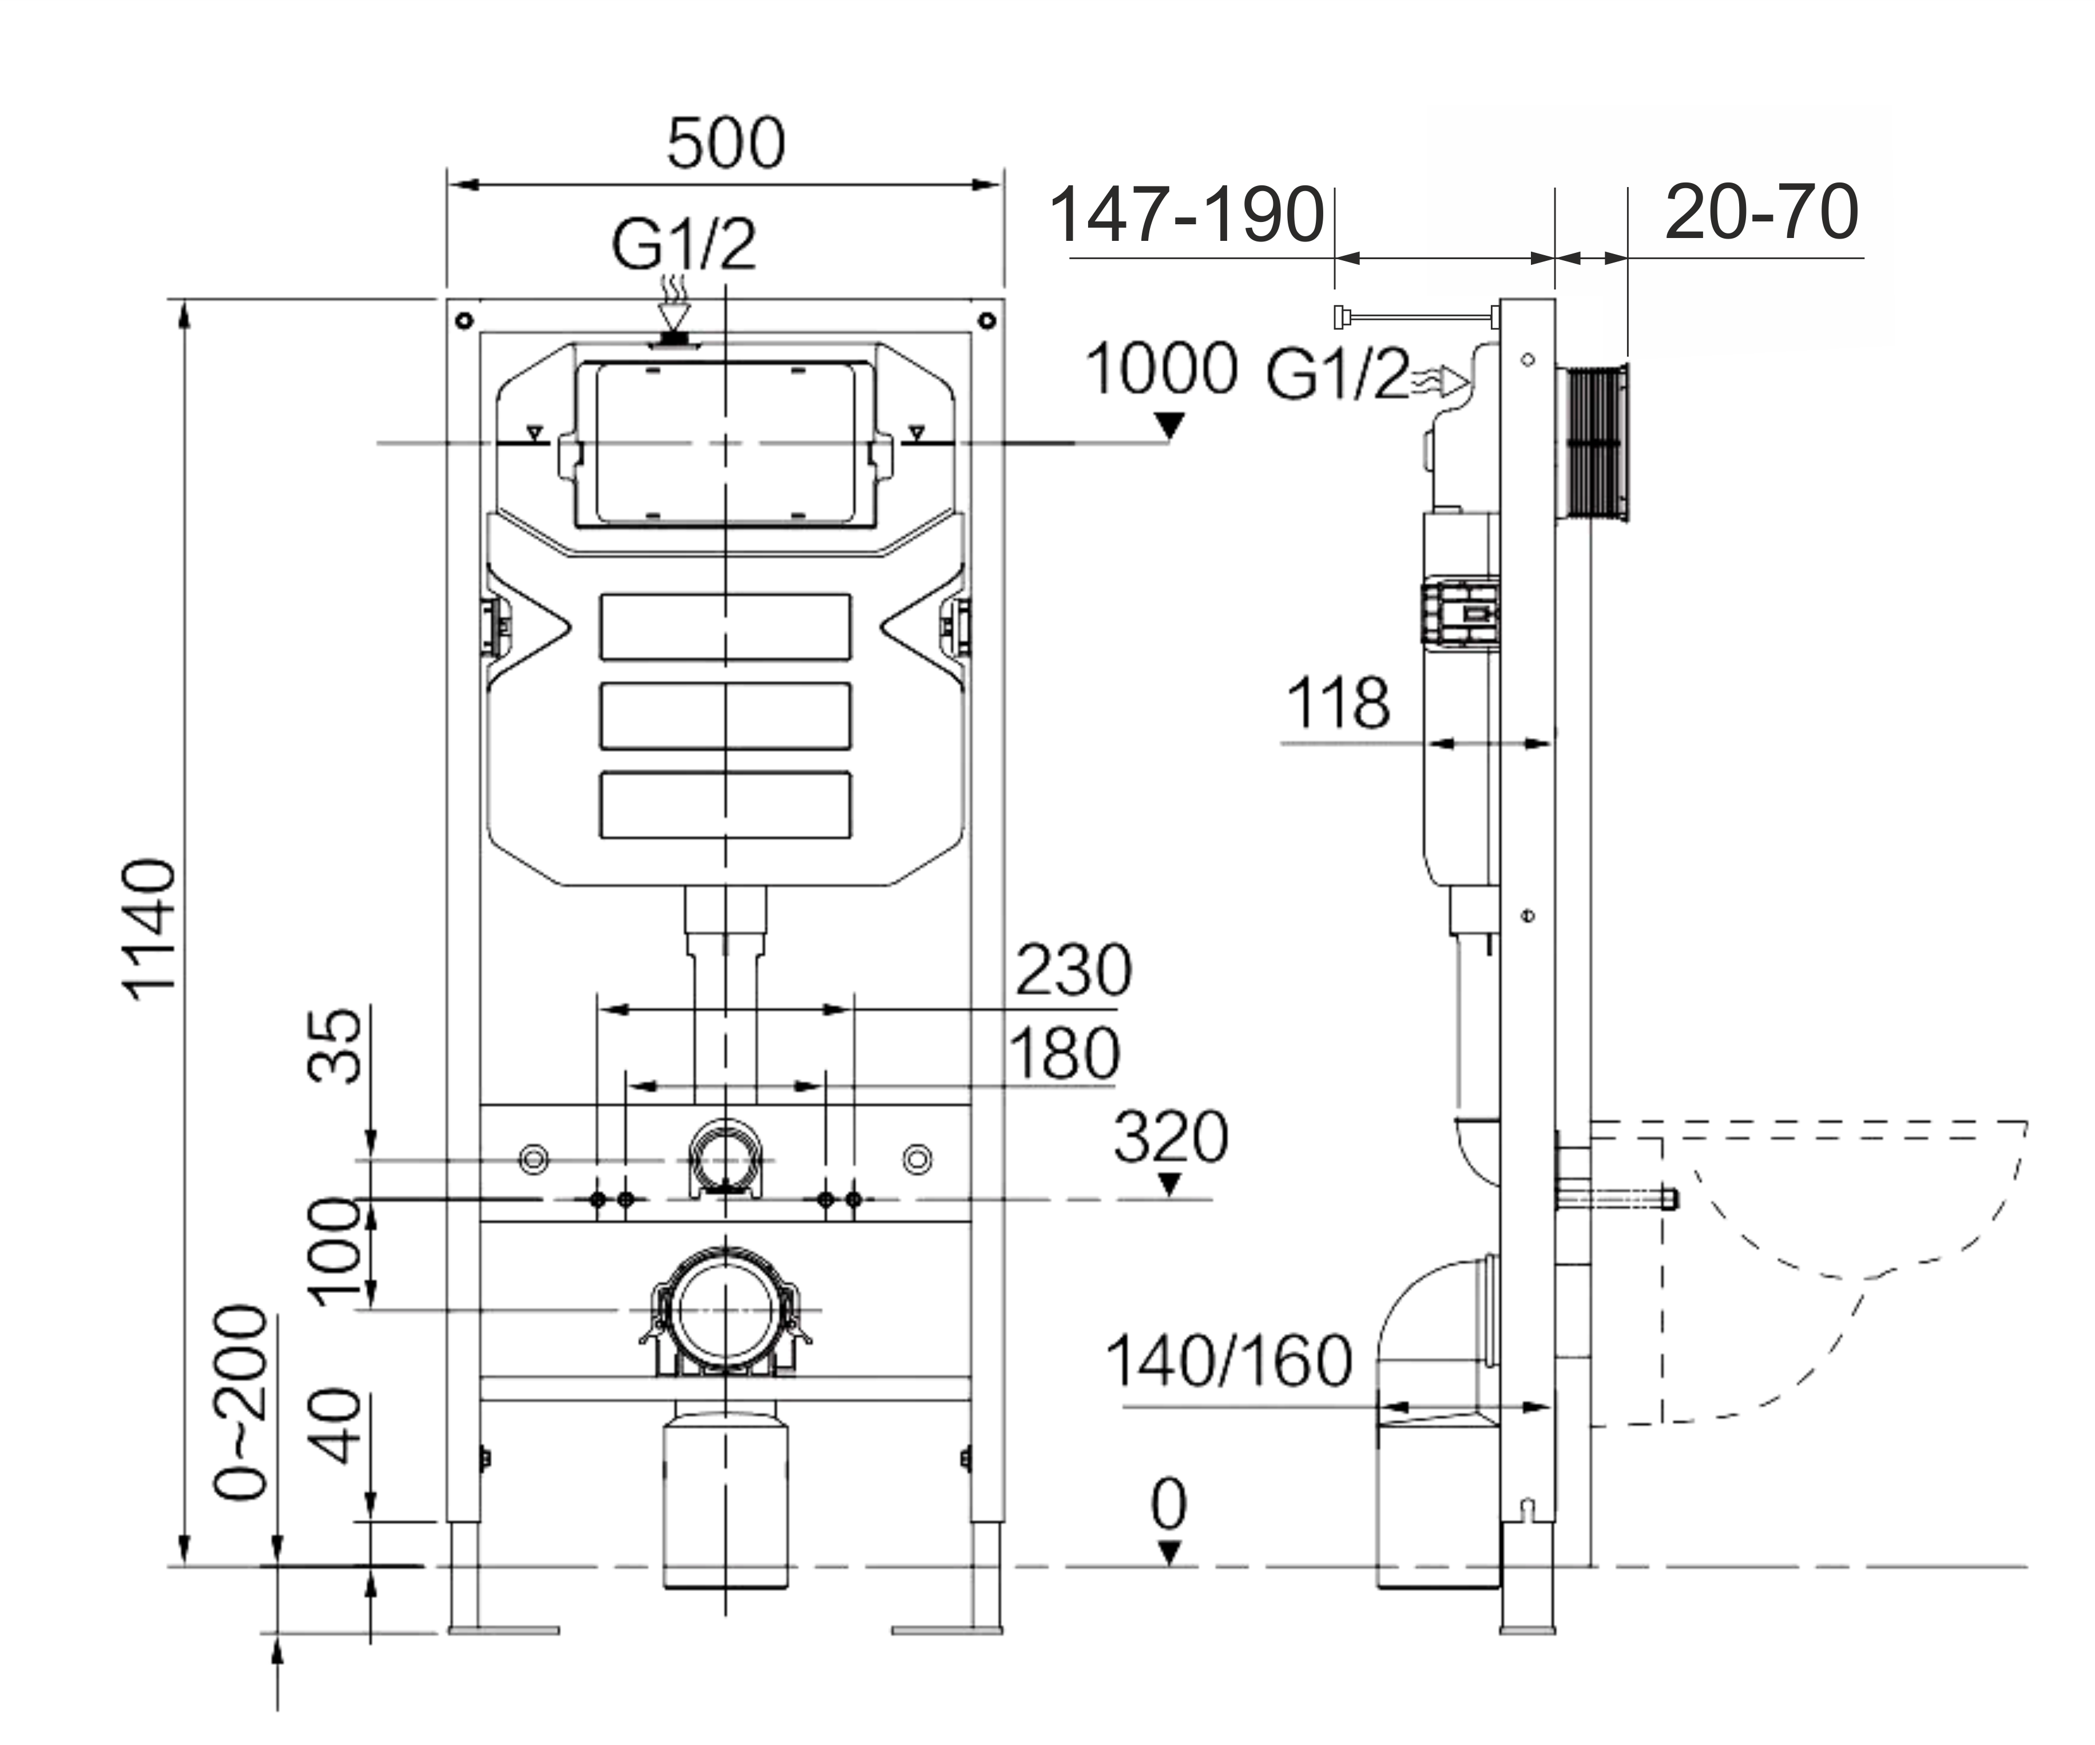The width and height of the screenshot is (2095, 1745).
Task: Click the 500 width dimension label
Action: pos(725,144)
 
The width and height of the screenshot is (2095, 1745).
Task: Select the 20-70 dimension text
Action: pos(1761,212)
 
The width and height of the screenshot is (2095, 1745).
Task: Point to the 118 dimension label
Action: pos(1338,703)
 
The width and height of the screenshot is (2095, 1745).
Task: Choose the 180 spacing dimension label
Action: pos(1064,1054)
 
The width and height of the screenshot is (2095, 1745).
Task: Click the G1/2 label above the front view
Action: pos(684,244)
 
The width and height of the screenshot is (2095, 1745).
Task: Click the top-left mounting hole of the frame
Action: pos(463,320)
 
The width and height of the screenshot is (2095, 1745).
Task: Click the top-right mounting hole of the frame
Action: pos(987,320)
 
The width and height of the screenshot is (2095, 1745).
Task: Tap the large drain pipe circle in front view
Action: pos(725,1310)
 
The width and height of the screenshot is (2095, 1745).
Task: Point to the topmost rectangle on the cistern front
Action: pos(725,626)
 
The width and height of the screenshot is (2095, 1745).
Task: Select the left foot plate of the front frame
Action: pos(503,1630)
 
